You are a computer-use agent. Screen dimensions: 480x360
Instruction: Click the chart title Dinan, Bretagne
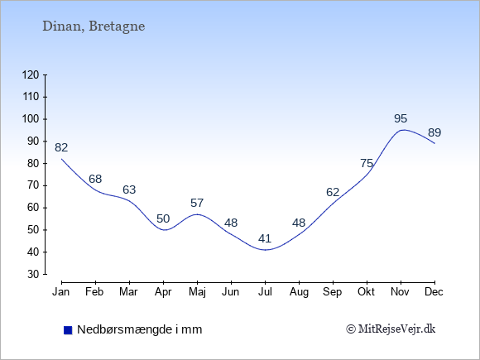(94, 26)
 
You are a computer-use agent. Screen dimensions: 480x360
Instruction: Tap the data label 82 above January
(61, 148)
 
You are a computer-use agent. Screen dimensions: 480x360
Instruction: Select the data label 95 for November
(401, 118)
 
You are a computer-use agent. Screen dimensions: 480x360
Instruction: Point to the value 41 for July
(265, 238)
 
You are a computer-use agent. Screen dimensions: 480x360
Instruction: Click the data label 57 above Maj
(197, 203)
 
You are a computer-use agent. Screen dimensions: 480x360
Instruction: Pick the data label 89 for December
(434, 133)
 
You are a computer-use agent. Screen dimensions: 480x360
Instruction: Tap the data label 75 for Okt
(367, 164)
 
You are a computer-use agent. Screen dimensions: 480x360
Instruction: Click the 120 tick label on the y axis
(31, 75)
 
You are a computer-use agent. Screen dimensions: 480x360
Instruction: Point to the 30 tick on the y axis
(34, 274)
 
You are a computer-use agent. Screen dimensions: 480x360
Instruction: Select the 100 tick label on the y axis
(31, 119)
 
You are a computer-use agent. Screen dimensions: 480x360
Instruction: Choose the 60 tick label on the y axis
(34, 208)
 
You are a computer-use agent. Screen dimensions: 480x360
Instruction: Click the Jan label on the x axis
(61, 292)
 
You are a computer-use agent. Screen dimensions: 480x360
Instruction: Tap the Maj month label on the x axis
(197, 292)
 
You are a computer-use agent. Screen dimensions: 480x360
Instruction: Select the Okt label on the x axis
(366, 292)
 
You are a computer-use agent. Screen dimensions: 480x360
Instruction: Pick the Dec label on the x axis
(434, 292)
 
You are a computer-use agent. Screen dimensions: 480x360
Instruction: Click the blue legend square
(68, 330)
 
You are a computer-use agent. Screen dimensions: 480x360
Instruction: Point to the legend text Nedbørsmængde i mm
(140, 330)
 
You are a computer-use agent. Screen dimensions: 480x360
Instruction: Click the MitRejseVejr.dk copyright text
(391, 329)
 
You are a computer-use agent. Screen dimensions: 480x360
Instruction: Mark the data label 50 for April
(163, 218)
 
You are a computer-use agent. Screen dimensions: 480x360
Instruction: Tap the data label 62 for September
(333, 192)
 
